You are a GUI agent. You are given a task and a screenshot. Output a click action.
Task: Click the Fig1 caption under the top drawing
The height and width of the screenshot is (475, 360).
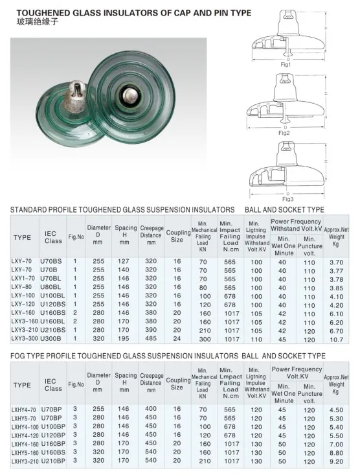286,65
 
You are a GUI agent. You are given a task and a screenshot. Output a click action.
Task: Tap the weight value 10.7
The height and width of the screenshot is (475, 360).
336,339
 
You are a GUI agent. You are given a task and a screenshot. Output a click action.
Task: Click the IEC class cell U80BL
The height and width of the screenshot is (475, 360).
52,286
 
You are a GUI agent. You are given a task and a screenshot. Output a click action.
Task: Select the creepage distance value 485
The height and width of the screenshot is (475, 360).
151,338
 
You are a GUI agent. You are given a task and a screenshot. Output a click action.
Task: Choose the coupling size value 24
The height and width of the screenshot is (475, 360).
177,338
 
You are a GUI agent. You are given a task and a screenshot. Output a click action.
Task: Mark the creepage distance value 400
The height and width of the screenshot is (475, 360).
151,410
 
